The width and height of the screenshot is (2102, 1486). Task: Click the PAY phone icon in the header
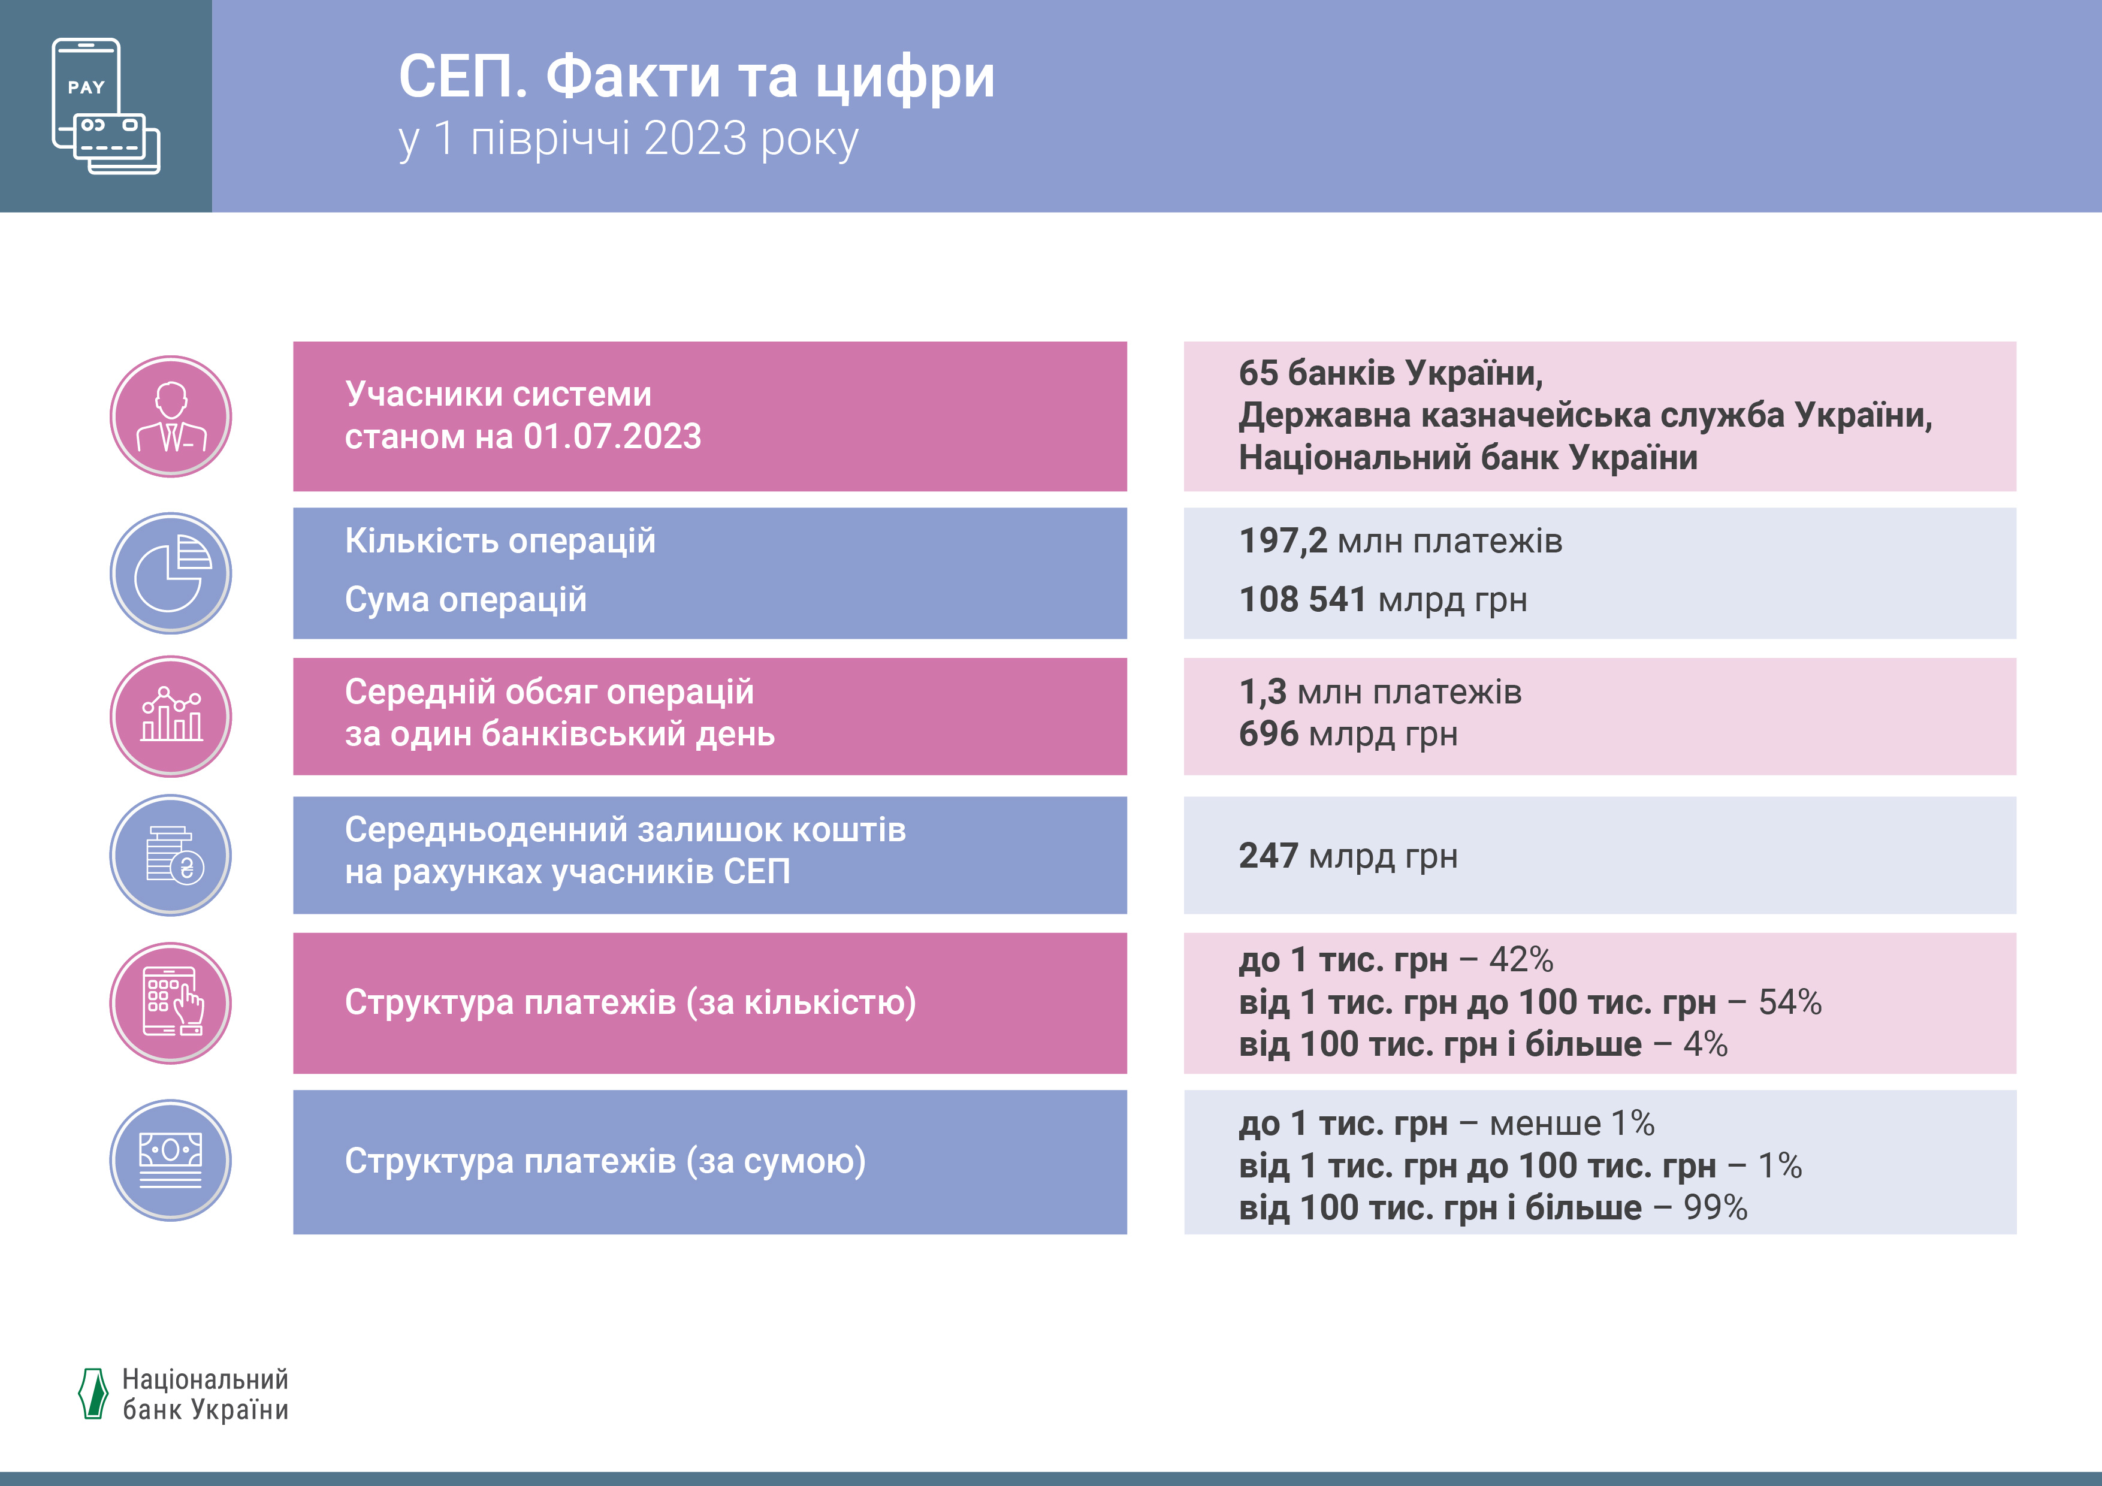pos(105,105)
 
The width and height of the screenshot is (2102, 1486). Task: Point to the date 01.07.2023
pos(612,437)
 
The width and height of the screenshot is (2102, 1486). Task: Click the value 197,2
pos(1283,541)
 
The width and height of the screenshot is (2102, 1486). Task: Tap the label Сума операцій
pos(465,600)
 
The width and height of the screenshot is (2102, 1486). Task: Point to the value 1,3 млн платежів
pos(1380,692)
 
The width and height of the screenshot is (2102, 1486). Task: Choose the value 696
pos(1268,734)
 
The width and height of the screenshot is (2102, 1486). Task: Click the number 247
pos(1268,856)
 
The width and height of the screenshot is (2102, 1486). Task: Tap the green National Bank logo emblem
pos(93,1394)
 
